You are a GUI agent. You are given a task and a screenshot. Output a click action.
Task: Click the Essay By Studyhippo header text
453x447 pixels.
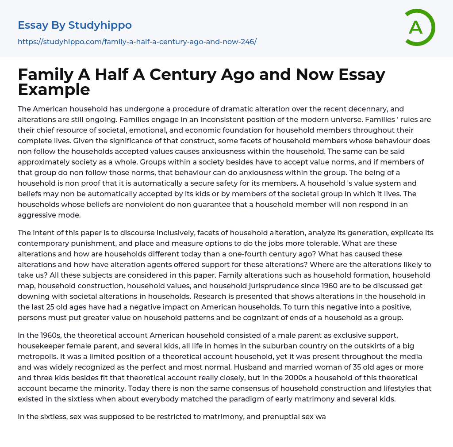click(x=75, y=26)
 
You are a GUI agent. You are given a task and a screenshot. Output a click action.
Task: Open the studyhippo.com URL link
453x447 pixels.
click(x=137, y=42)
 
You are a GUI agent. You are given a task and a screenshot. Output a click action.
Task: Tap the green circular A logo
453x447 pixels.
click(x=417, y=27)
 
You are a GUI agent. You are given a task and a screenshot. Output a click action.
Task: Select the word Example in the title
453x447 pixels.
click(x=54, y=90)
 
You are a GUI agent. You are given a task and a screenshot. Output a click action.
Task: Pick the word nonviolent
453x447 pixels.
click(x=171, y=204)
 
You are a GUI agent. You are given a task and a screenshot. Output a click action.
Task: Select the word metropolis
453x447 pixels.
click(x=38, y=356)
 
